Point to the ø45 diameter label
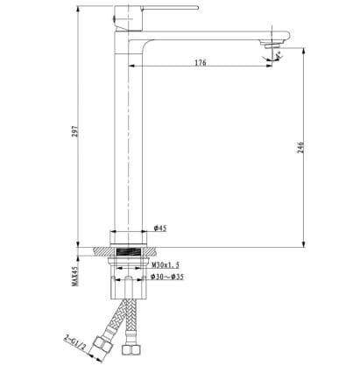coord(160,229)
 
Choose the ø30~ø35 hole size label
coord(166,278)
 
